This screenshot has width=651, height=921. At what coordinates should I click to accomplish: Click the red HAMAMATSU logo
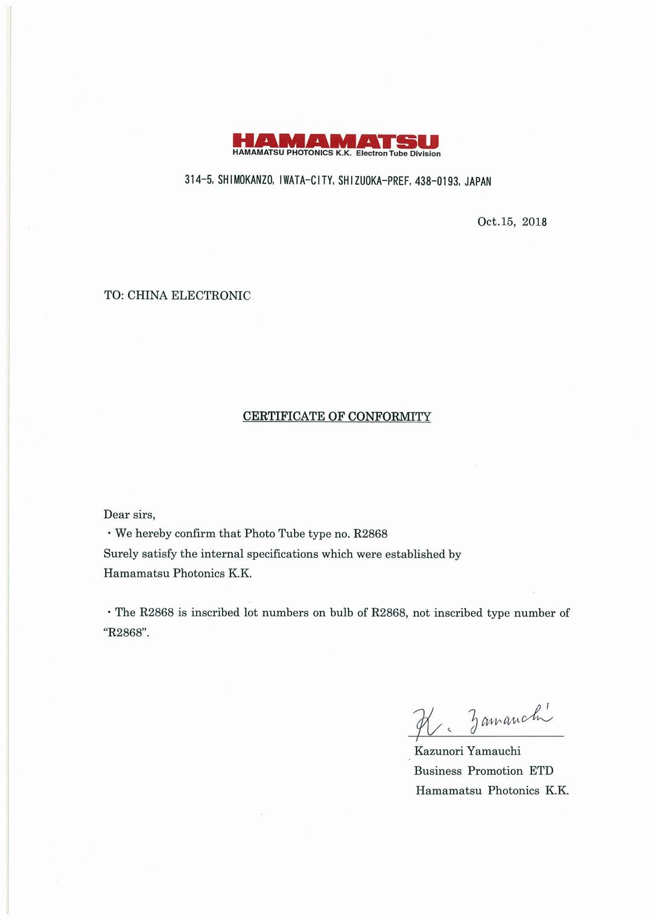pos(335,141)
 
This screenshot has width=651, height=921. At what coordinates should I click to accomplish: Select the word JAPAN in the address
pos(478,181)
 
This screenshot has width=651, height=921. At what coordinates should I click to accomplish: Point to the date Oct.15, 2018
pos(512,221)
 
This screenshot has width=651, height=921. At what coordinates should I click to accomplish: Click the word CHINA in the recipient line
pos(148,296)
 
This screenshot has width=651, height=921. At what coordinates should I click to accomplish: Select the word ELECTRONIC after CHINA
pos(211,296)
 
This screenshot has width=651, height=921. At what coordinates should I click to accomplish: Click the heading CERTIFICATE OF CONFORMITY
pos(337,416)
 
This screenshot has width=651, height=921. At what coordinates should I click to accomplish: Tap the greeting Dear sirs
pos(129,514)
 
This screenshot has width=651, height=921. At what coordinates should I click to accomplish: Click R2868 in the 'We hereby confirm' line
pos(370,534)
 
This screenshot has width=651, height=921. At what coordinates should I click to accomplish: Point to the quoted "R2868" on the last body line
pos(126,633)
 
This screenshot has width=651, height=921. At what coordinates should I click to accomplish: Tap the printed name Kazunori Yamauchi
pos(467,751)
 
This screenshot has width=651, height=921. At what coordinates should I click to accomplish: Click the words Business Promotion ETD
pos(483,771)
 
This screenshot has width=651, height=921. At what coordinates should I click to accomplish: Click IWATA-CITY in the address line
pos(306,180)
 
